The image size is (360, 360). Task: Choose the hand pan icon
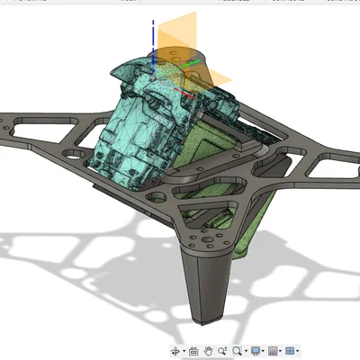click(x=208, y=350)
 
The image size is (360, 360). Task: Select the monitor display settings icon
click(x=256, y=350)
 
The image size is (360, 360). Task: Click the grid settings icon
click(x=274, y=350)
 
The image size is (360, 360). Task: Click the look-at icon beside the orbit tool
click(x=193, y=350)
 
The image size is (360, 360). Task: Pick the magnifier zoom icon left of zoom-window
click(x=221, y=350)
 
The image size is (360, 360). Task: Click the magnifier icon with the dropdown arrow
click(x=237, y=350)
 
